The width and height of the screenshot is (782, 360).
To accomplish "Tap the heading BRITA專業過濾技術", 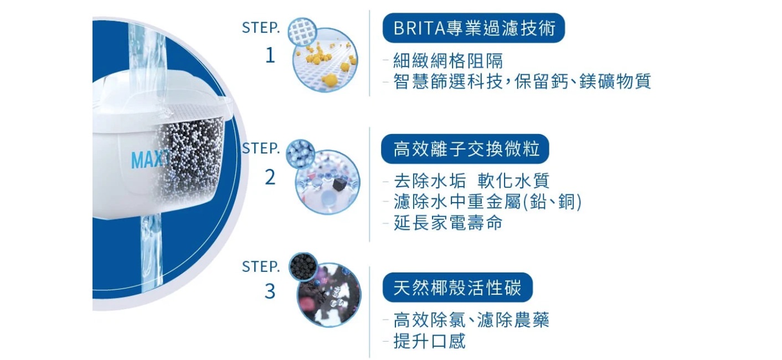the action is [x=474, y=28].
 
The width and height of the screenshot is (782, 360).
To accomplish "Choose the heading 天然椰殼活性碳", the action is [x=457, y=287].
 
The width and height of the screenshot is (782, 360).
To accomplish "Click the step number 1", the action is [x=270, y=55].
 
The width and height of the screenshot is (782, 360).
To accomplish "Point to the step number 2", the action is [x=270, y=177].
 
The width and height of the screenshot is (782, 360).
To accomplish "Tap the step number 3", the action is [x=270, y=291].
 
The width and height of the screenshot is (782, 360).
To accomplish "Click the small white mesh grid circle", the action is [x=302, y=32].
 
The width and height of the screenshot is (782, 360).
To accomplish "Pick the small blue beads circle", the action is [x=300, y=154].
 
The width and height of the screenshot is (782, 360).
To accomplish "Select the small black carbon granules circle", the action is [x=303, y=267].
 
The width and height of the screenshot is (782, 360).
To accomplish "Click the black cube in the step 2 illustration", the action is [x=339, y=184].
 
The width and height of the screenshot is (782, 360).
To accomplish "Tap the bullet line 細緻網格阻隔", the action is [x=448, y=61].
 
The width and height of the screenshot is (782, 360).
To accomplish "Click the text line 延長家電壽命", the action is [x=448, y=223].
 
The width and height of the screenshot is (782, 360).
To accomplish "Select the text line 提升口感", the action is [x=429, y=341].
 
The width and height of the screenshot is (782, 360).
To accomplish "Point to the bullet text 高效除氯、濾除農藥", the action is [x=471, y=320].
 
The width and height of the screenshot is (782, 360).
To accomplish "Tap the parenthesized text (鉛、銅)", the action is [x=552, y=202].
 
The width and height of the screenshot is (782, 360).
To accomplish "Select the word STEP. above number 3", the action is [x=261, y=267].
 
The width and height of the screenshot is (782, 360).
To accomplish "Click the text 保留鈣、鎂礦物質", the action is [x=583, y=81].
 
